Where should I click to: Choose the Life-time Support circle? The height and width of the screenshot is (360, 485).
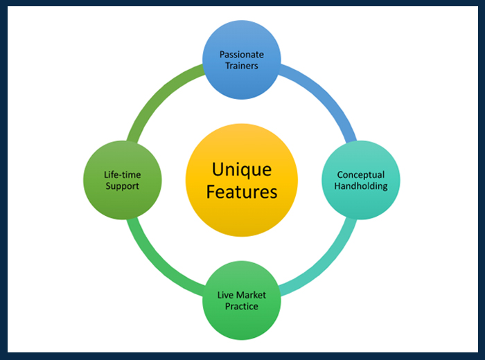tap(122, 181)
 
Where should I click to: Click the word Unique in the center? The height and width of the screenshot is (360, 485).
tap(242, 170)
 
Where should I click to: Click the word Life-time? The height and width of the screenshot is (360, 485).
tap(122, 174)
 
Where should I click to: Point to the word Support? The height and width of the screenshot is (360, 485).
tap(122, 186)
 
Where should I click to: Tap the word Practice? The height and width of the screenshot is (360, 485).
tap(242, 307)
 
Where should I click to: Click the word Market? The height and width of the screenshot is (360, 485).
tap(251, 295)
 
